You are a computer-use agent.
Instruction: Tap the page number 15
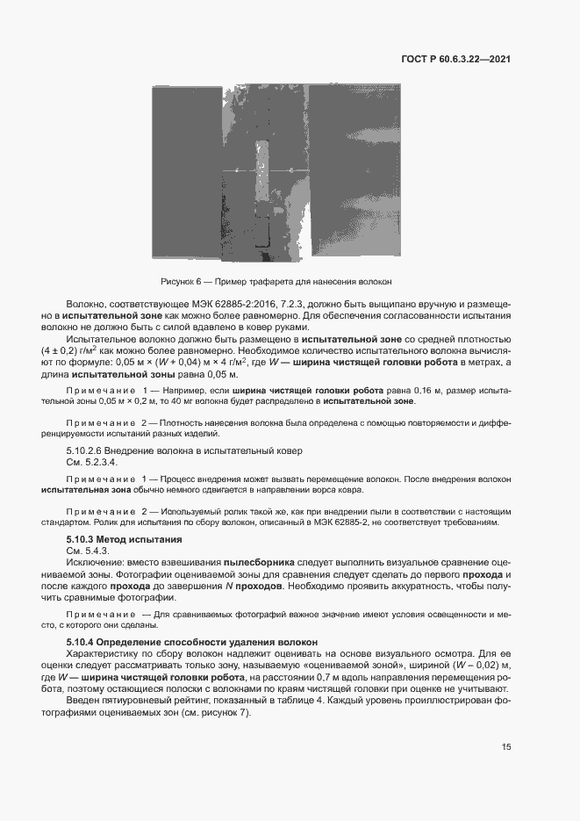pyautogui.click(x=506, y=747)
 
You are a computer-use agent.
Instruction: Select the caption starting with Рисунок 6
pyautogui.click(x=276, y=282)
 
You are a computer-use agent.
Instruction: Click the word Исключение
pyautogui.click(x=94, y=560)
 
